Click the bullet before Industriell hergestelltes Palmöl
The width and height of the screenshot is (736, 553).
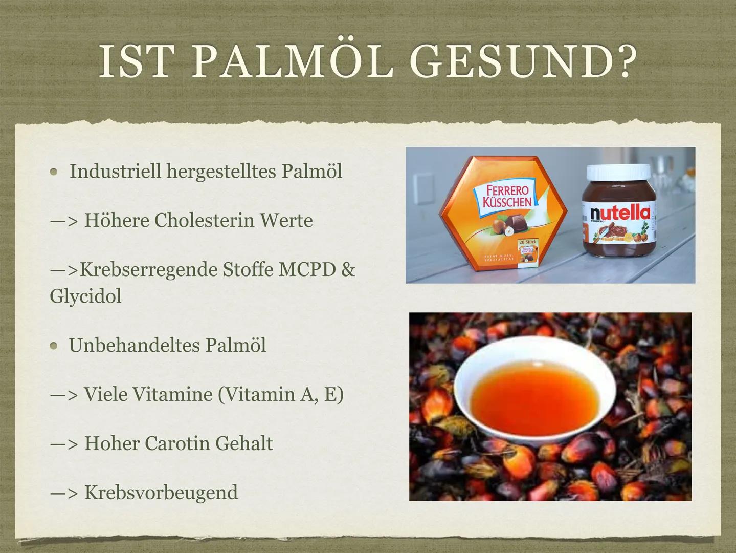54,173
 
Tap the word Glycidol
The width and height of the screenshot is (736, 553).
85,296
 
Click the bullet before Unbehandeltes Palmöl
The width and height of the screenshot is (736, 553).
54,346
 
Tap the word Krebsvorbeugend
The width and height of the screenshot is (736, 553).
161,493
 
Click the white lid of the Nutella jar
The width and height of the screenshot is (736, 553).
619,175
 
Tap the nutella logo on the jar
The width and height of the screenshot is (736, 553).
619,212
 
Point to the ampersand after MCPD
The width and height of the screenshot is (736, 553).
348,270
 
